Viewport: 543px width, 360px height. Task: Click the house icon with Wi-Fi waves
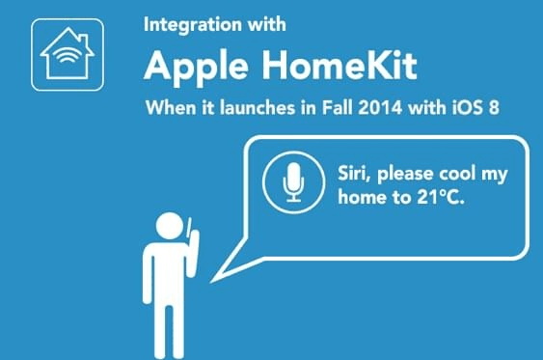tap(67, 56)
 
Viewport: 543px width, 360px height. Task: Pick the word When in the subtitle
tap(166, 107)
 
